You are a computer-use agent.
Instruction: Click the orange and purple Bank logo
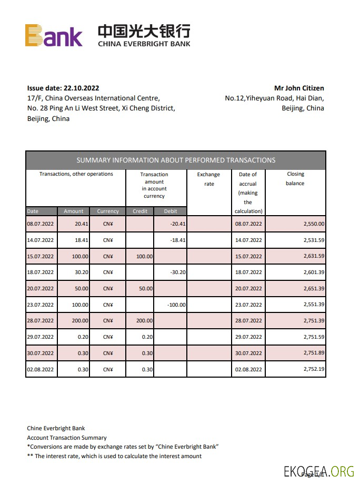click(54, 35)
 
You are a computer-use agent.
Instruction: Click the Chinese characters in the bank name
click(144, 31)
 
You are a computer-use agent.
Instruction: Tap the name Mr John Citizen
click(299, 88)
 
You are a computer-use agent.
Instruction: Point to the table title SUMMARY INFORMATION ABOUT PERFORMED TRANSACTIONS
click(176, 160)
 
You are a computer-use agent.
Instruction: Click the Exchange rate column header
click(209, 179)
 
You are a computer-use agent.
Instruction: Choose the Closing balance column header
click(295, 179)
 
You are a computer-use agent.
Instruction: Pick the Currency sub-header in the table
click(108, 211)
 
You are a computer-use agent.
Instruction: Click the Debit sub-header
click(171, 211)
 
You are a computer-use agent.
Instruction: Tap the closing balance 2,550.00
click(314, 224)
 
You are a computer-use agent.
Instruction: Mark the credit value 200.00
click(144, 321)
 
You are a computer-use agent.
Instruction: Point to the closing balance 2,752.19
click(314, 370)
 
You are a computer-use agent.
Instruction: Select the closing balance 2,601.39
click(314, 272)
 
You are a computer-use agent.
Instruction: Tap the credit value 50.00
click(145, 289)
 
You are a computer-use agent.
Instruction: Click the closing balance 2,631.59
click(314, 256)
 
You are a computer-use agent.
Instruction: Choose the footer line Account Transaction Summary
click(67, 438)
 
